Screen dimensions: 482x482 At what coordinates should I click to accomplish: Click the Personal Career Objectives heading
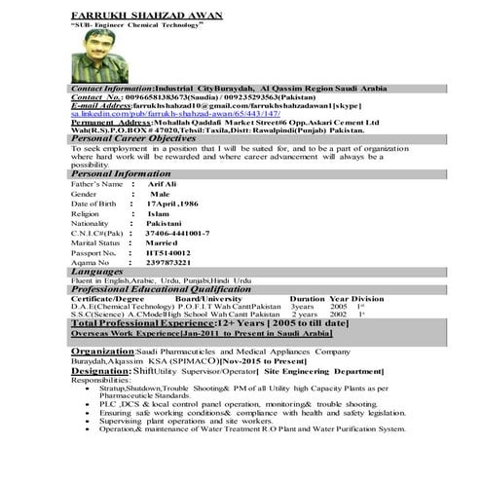click(x=133, y=138)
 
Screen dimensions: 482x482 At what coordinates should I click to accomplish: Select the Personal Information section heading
click(x=121, y=173)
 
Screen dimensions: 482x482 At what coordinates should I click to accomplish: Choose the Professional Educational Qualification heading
click(x=161, y=289)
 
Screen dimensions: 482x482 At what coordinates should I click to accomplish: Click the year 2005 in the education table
click(x=338, y=306)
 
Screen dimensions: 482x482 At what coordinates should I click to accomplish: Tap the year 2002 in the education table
click(x=338, y=315)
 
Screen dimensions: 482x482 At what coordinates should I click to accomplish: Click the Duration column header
click(x=307, y=298)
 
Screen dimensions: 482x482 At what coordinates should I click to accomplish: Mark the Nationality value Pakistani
click(x=171, y=223)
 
